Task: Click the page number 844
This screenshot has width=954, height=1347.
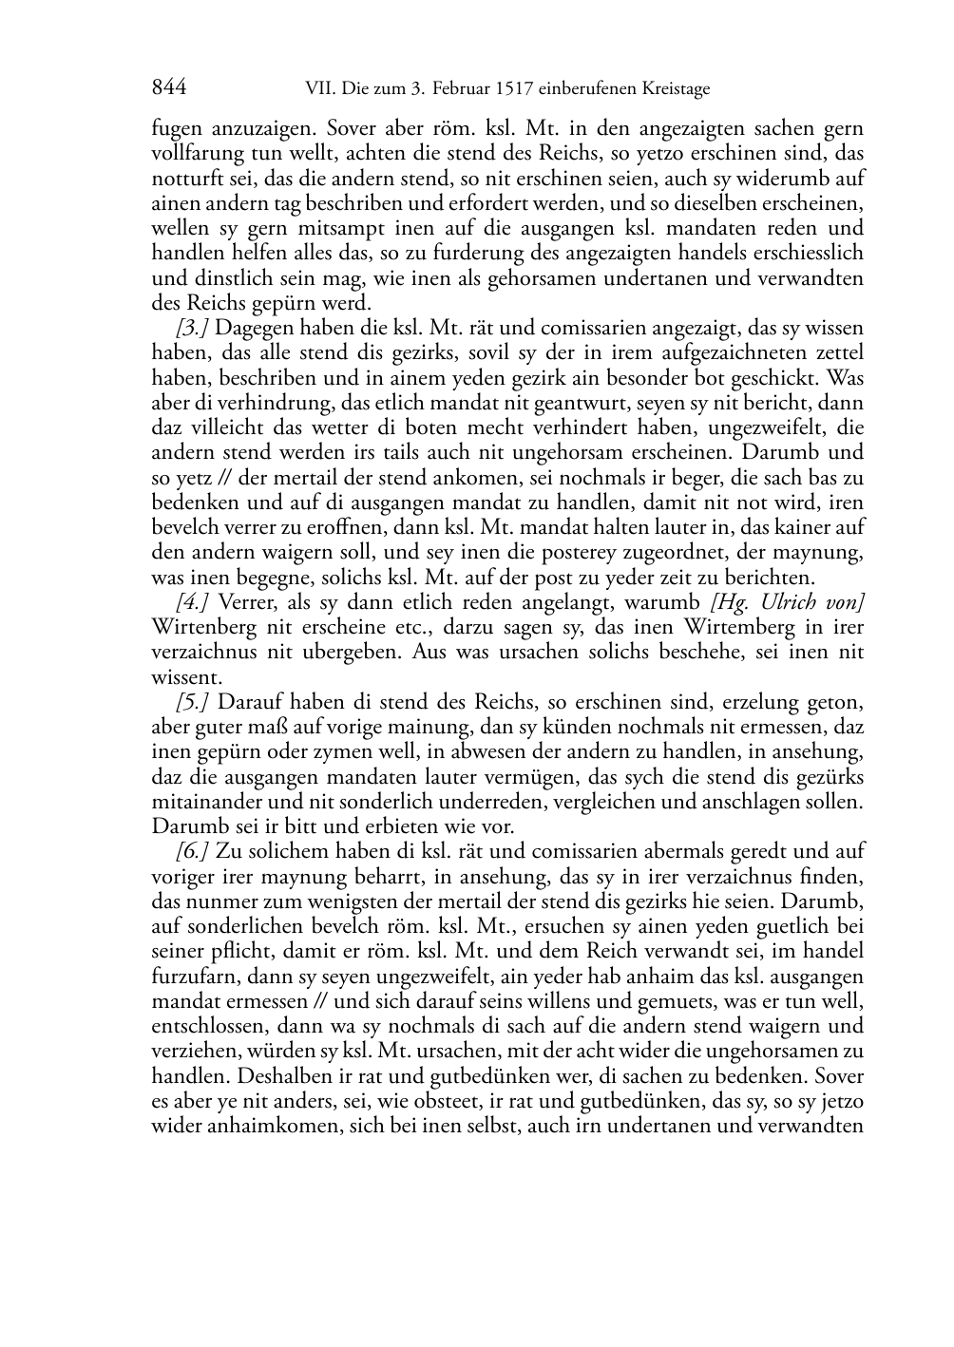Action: (x=168, y=88)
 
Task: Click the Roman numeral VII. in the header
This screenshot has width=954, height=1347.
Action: (x=318, y=89)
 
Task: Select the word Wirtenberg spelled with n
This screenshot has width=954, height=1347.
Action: (x=199, y=627)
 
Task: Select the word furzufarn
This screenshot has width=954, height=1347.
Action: (x=194, y=976)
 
